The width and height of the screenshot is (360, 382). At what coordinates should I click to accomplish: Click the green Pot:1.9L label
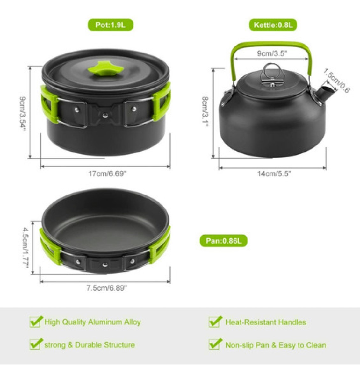coord(110,25)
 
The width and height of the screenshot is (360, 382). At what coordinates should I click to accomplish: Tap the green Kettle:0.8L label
coord(273,25)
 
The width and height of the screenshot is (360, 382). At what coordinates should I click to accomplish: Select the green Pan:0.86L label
coord(223,241)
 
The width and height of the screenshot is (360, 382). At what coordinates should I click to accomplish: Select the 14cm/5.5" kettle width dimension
coord(274,174)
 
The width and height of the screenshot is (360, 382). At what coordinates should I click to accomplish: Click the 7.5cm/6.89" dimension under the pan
coord(106,288)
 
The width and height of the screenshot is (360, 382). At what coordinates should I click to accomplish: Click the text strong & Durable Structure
coord(90,345)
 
